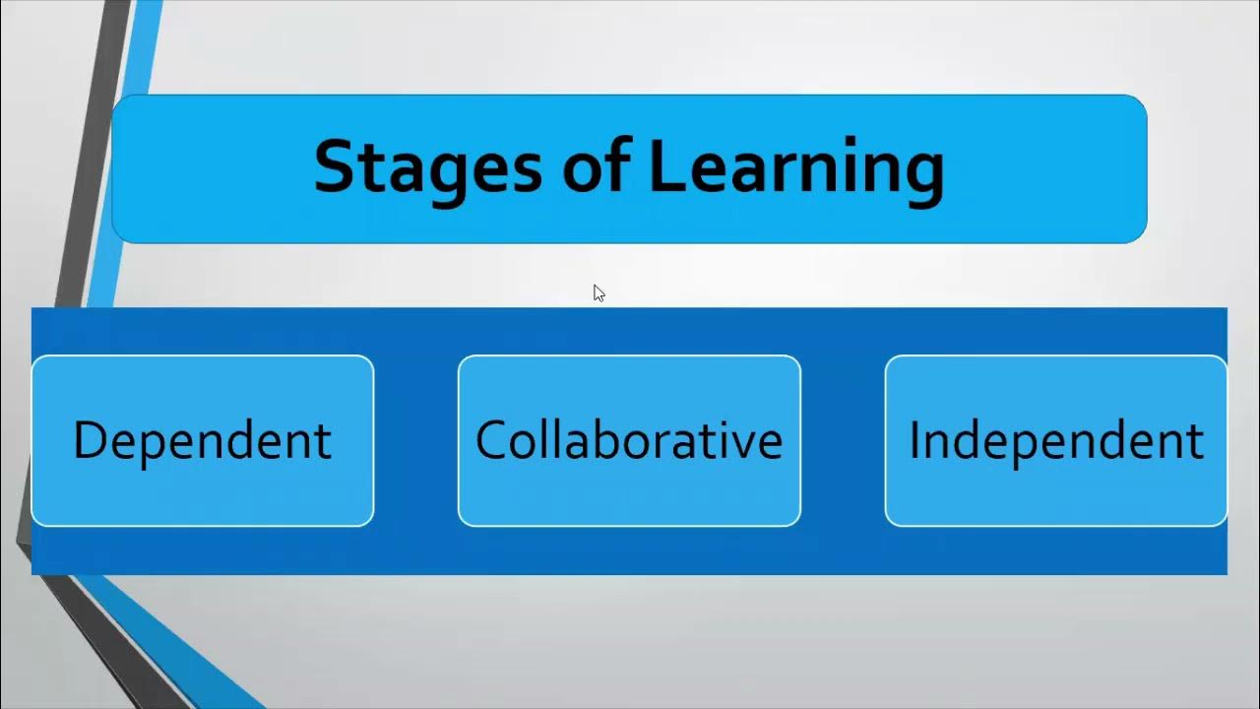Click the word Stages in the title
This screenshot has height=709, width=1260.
[427, 167]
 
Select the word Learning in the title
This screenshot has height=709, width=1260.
[796, 167]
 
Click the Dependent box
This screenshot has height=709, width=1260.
[203, 440]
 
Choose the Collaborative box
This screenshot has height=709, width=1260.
[629, 440]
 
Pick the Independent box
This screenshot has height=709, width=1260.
[1055, 440]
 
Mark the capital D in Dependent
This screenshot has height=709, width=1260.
[89, 439]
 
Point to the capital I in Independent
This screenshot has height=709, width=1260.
[914, 439]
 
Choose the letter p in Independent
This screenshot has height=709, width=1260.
[1034, 446]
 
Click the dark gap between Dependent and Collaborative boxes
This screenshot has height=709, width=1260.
[415, 440]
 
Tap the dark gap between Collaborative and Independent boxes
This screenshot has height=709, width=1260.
[843, 440]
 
